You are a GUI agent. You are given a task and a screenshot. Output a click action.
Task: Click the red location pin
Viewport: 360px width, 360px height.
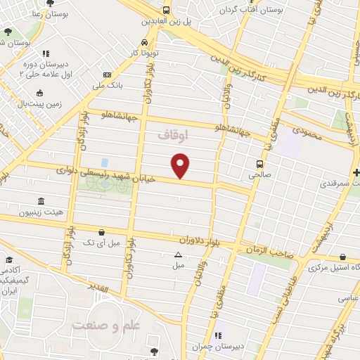pyautogui.click(x=181, y=165)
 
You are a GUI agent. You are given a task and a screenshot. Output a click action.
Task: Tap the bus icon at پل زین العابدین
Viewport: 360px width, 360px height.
pyautogui.click(x=166, y=11)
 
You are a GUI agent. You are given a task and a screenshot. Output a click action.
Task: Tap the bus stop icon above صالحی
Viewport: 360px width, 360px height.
pyautogui.click(x=259, y=162)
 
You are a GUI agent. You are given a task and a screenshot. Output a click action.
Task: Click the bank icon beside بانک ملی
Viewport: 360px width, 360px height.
pyautogui.click(x=107, y=75)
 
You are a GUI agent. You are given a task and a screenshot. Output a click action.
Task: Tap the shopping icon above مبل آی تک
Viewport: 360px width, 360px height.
pyautogui.click(x=102, y=232)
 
